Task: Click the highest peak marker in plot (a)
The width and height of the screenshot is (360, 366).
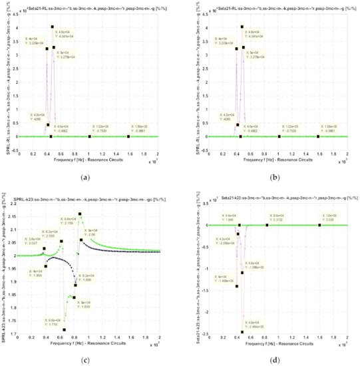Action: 53,27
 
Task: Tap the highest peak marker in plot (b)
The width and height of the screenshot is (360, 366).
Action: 242,27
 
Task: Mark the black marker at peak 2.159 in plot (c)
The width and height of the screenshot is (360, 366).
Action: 80,214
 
